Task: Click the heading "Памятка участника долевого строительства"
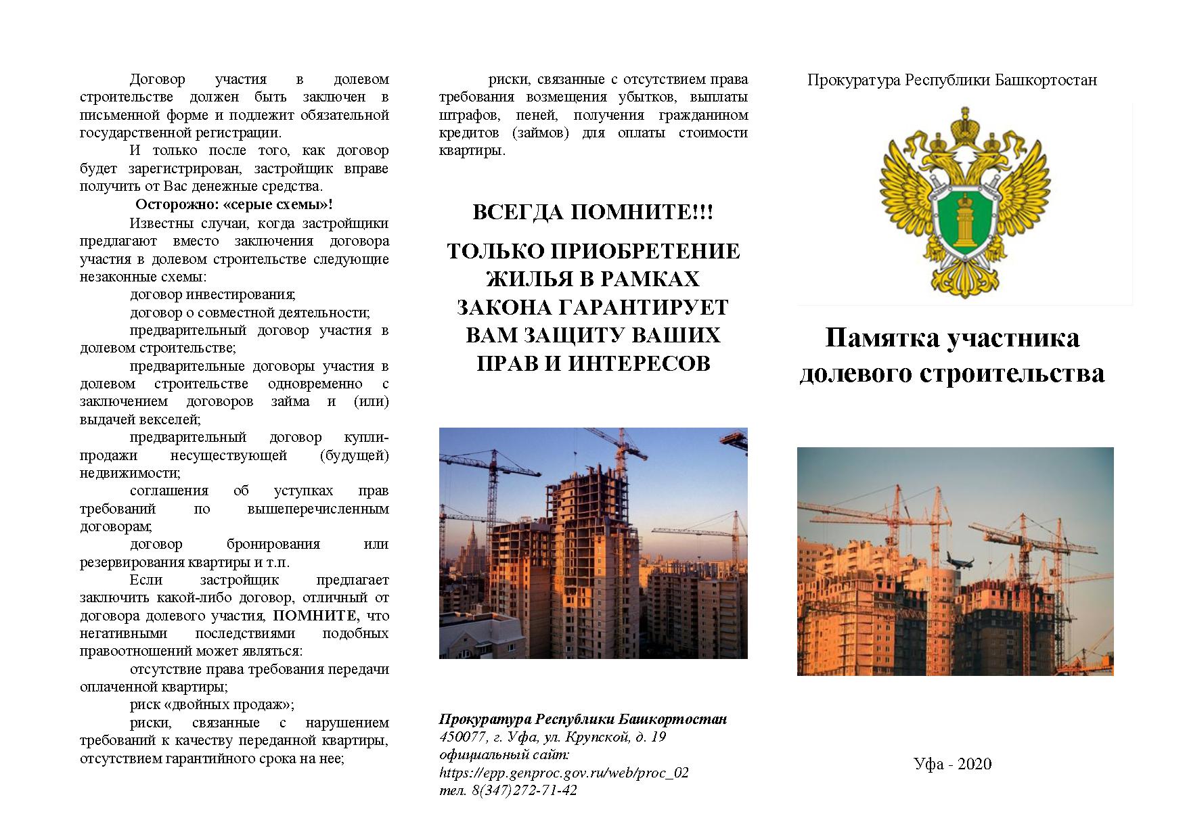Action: click(951, 355)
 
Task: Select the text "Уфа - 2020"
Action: click(952, 764)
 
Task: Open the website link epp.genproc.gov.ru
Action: click(564, 772)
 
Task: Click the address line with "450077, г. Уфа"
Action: click(552, 737)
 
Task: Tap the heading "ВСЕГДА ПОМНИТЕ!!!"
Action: click(593, 212)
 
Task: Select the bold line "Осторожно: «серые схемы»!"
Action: click(234, 204)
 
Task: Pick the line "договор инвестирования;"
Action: click(212, 294)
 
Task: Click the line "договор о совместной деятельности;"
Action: click(250, 313)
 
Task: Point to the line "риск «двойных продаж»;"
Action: click(212, 705)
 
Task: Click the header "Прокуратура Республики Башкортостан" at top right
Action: click(951, 80)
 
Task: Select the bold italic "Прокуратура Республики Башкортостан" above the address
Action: click(583, 719)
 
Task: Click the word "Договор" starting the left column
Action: click(157, 80)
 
